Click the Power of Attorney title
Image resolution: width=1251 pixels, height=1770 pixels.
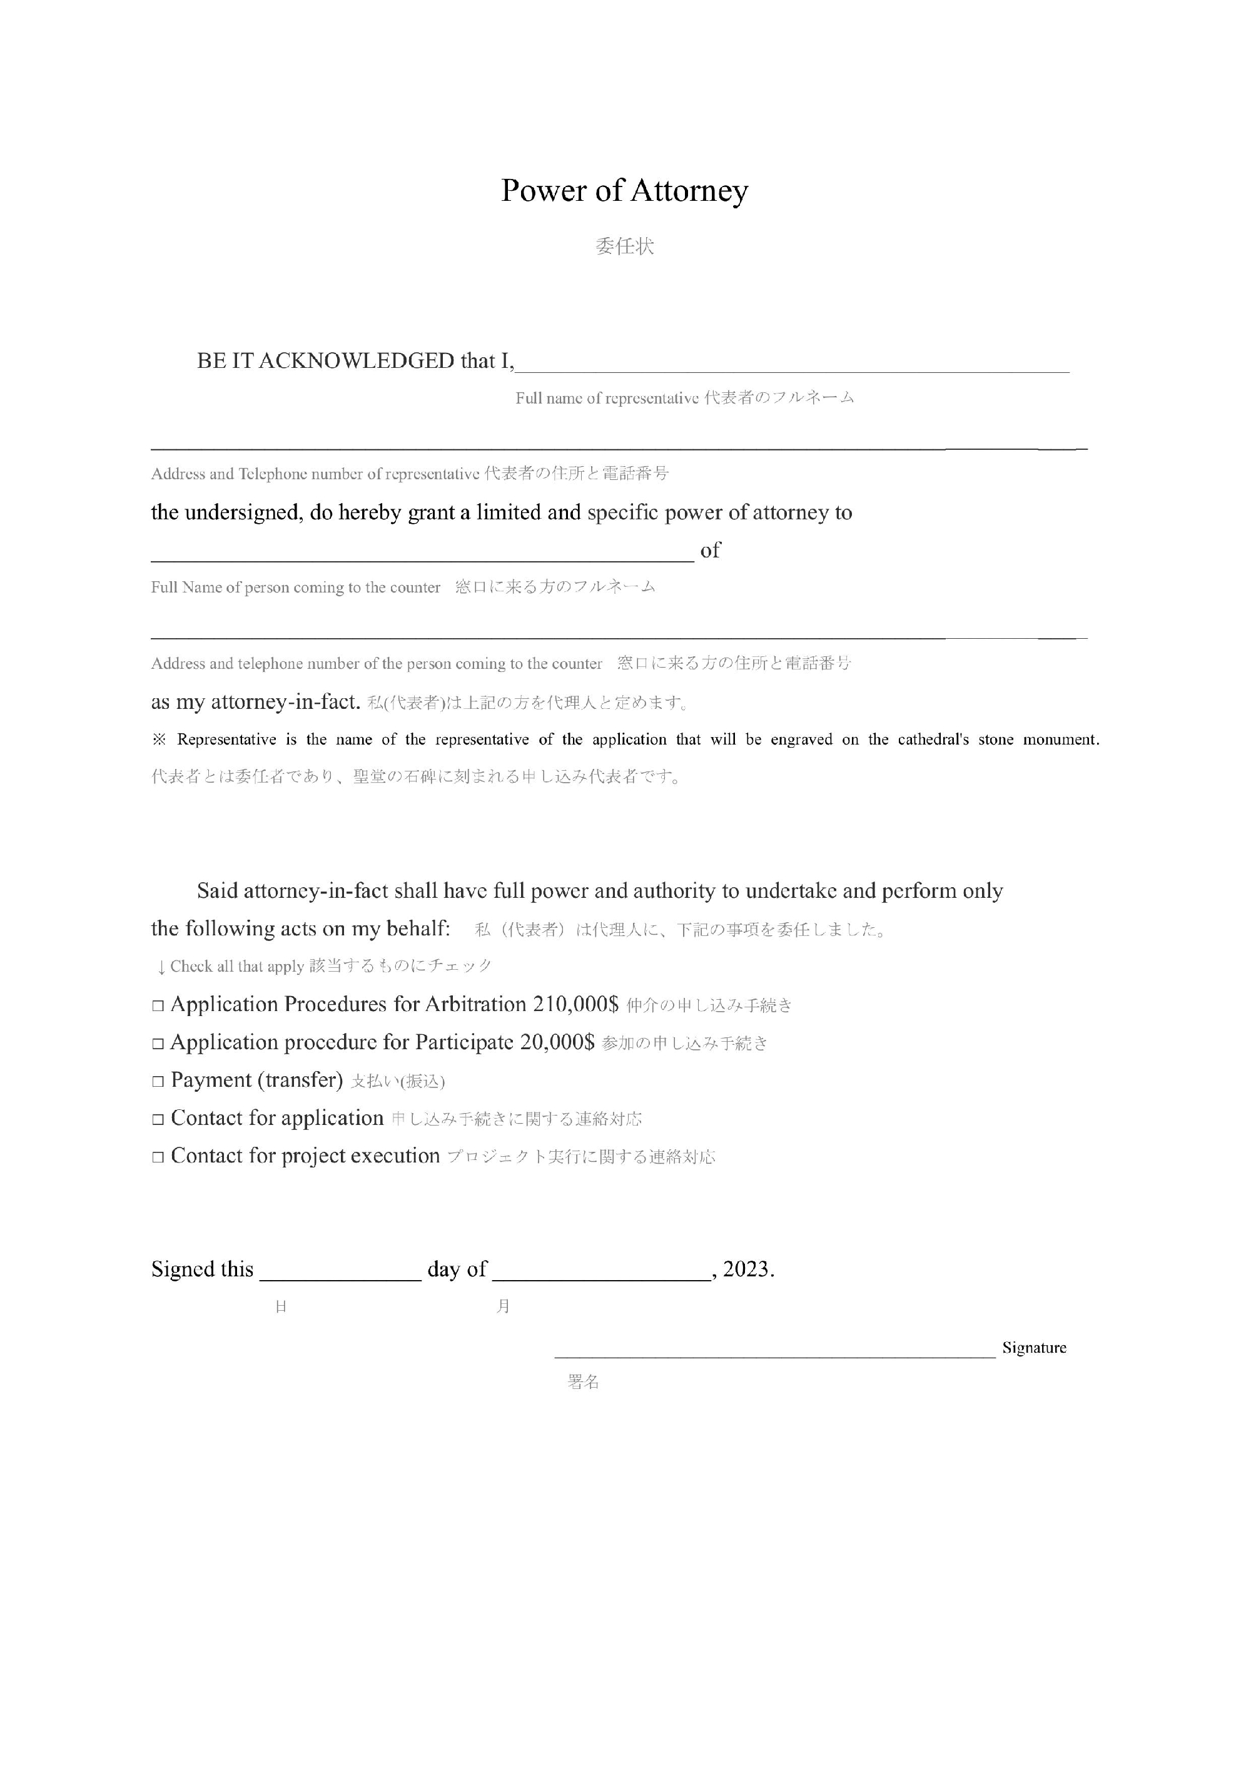624,190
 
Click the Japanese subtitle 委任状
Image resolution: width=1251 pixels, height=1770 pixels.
624,247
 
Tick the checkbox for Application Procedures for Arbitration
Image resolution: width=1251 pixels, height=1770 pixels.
158,1006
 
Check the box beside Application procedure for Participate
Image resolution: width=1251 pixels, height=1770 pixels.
158,1044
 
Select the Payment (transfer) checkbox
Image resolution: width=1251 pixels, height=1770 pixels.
158,1082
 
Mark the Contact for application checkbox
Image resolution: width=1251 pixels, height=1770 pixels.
158,1119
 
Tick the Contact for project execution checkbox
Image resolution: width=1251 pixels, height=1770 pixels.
158,1157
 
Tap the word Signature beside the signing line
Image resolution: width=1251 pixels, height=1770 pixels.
1033,1348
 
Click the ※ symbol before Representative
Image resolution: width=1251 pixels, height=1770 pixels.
159,740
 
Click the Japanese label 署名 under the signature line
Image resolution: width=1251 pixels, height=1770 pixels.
584,1381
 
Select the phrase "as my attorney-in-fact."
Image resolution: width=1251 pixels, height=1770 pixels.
256,702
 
